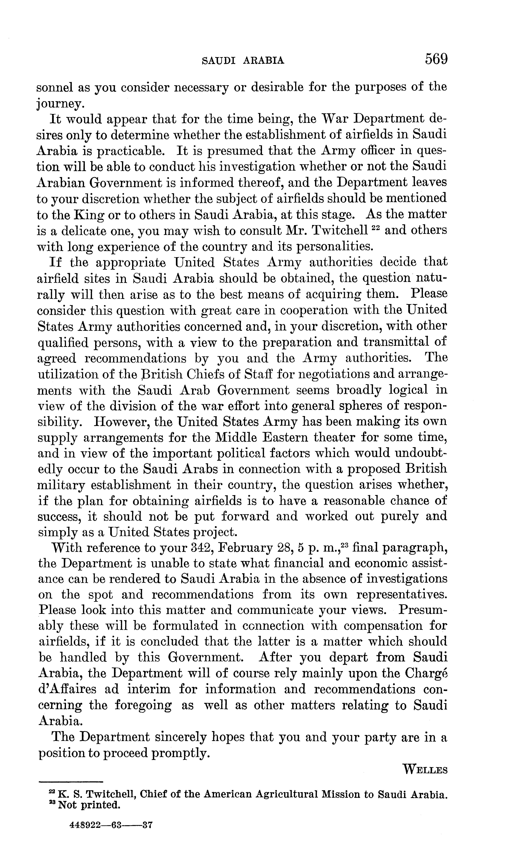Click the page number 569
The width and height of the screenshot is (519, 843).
(x=436, y=59)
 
